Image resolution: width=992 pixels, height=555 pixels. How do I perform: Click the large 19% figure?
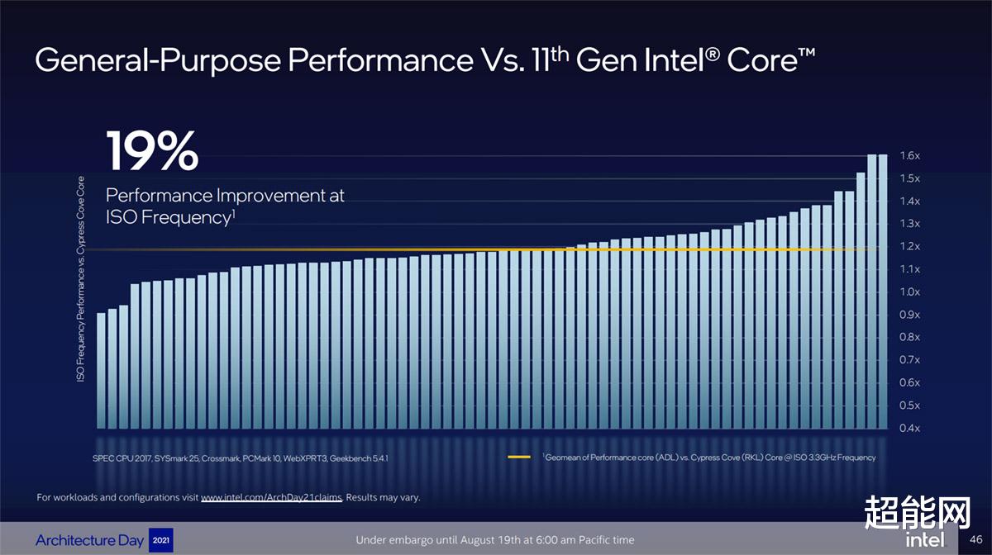152,150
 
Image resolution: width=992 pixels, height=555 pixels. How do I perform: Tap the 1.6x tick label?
909,156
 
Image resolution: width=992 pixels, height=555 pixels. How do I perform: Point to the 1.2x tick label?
909,247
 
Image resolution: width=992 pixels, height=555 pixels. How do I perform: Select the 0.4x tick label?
909,429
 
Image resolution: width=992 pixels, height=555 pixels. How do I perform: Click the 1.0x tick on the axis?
909,292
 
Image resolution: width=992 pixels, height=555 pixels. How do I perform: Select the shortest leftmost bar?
102,370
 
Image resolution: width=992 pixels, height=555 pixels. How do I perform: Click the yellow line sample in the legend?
518,457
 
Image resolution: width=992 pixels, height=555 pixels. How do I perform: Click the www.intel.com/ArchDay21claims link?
271,498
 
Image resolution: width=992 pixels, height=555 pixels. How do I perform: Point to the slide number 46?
975,539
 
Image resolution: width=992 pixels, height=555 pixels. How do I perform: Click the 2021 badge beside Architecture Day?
160,540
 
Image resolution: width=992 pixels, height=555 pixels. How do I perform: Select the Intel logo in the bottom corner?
924,540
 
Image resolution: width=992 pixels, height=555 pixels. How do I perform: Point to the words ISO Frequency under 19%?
165,218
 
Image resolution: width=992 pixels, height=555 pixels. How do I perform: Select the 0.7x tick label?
909,360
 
